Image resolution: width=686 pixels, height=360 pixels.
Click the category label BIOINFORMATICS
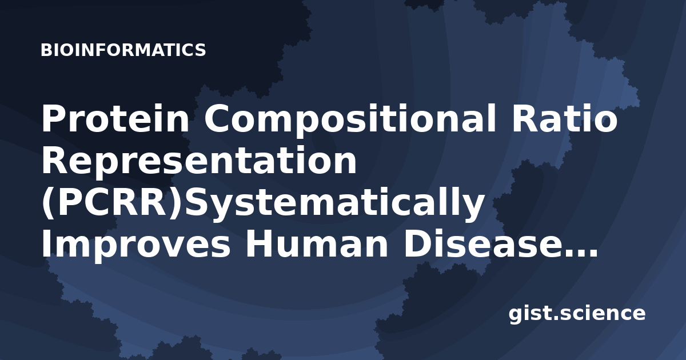(x=123, y=50)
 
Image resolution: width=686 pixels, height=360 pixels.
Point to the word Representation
(x=199, y=161)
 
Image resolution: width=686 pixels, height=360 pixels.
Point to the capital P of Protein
(x=54, y=118)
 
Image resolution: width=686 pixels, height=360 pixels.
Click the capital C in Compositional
(x=218, y=118)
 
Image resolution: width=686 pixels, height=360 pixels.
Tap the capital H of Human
(x=260, y=245)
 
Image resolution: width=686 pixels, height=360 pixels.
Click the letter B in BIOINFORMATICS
(x=46, y=50)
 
